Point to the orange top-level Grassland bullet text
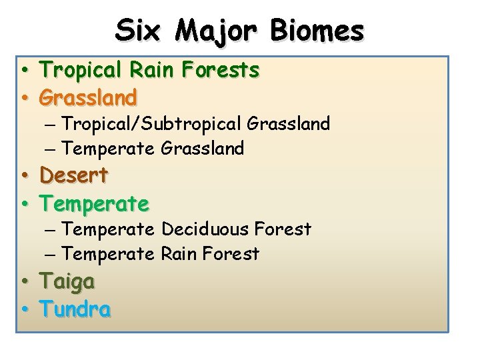click(88, 97)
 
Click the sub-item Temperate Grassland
click(153, 148)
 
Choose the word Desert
click(74, 175)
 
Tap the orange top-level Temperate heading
click(94, 202)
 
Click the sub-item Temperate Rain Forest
click(160, 254)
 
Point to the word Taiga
click(67, 281)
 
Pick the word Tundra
click(75, 309)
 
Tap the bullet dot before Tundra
click(23, 310)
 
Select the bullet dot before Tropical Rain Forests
click(23, 70)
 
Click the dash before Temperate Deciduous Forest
click(51, 230)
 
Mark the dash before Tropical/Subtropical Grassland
click(51, 124)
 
